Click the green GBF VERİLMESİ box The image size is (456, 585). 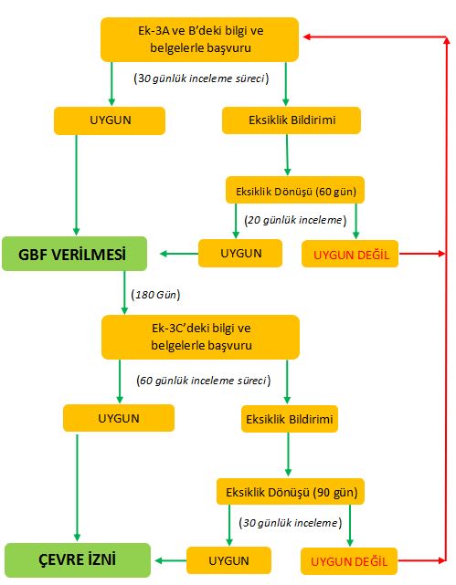click(74, 254)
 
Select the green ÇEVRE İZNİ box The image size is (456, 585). click(78, 560)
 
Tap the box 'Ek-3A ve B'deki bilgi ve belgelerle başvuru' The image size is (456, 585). click(199, 39)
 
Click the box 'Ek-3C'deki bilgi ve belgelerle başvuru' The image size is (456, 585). click(200, 337)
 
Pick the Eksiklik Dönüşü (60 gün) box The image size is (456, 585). click(295, 190)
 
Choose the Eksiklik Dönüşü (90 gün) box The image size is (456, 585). click(291, 491)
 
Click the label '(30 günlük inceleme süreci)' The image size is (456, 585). click(201, 78)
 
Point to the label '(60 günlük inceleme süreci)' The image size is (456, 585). click(204, 381)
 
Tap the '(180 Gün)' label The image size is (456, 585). click(155, 295)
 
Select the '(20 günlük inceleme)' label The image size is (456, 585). click(295, 220)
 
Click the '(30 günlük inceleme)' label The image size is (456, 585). click(291, 522)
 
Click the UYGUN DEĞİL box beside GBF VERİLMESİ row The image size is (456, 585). click(350, 254)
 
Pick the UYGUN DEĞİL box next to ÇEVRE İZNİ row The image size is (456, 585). click(349, 561)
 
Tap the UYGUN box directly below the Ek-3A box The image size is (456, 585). click(110, 120)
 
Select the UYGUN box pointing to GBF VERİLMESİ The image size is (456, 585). click(240, 253)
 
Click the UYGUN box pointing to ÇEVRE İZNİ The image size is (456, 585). click(228, 560)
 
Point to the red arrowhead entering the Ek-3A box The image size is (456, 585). click(307, 37)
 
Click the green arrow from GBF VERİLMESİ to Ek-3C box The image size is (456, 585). click(124, 292)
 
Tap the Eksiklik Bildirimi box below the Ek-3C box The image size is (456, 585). click(290, 419)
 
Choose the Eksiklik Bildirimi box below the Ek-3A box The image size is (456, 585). click(292, 120)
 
